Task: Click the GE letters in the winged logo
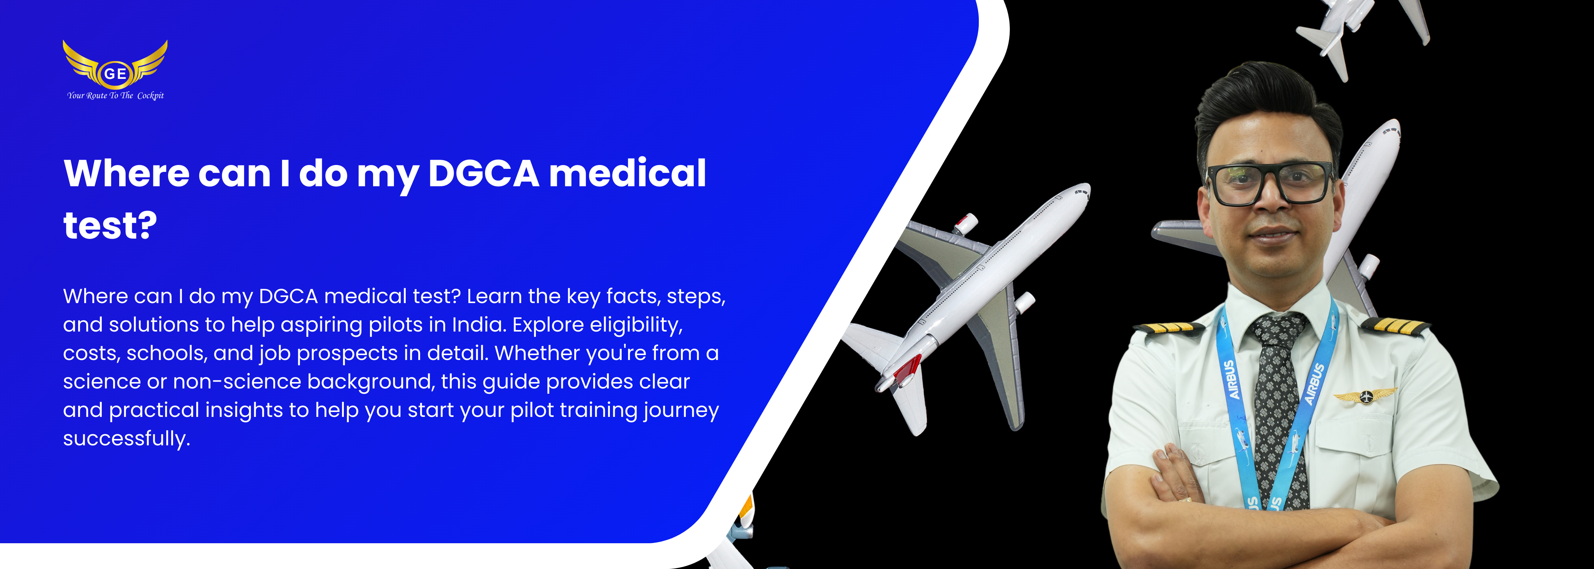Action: [115, 74]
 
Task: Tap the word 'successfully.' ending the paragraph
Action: [126, 439]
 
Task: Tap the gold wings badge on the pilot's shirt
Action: [1365, 395]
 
